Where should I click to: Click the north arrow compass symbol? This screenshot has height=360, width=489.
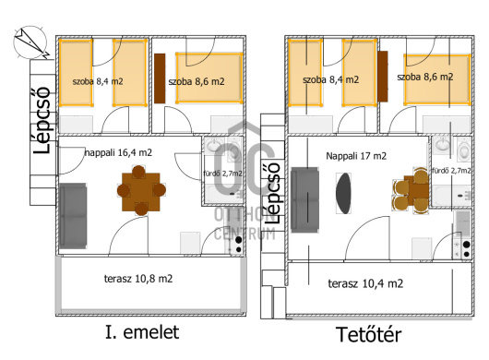click(30, 42)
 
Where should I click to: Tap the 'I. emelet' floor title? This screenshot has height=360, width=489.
click(142, 332)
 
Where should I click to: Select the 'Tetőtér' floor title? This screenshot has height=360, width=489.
click(369, 334)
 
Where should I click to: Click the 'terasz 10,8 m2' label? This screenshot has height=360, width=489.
click(138, 279)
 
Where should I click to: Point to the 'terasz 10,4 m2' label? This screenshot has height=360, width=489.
click(365, 283)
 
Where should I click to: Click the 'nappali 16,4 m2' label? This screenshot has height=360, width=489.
click(118, 153)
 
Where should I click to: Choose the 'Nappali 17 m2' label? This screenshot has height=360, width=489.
click(356, 156)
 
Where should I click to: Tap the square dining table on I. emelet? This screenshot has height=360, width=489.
click(141, 190)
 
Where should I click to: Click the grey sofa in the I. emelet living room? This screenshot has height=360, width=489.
click(73, 216)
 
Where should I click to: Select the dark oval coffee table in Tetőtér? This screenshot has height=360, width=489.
click(343, 194)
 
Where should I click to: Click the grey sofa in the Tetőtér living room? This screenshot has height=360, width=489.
click(304, 200)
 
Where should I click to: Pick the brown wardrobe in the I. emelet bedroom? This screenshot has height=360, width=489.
click(160, 78)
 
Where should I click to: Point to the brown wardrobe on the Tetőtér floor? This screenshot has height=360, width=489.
click(382, 77)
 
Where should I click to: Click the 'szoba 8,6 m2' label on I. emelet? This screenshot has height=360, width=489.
click(197, 82)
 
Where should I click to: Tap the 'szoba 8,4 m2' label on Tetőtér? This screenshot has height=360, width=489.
click(330, 80)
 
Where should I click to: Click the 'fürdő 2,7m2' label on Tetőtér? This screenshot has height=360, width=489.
click(451, 171)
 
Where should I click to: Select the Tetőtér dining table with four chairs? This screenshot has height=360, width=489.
click(411, 190)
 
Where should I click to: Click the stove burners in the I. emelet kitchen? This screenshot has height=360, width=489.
click(239, 245)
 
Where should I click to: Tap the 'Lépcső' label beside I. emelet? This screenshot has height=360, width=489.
click(42, 120)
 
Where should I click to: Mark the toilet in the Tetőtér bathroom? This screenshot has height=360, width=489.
click(464, 150)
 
